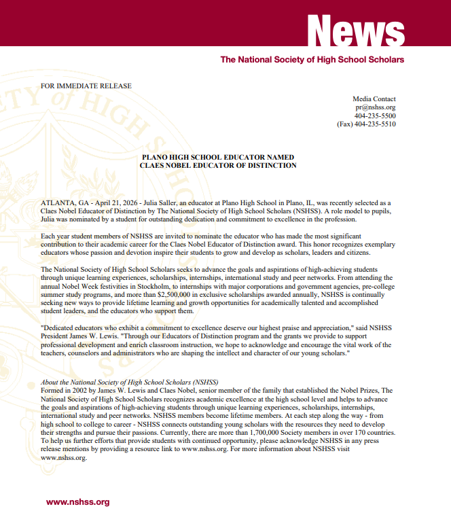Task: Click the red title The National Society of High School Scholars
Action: [x=312, y=60]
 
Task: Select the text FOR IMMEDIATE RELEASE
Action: [x=86, y=86]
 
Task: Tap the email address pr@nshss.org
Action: [x=375, y=107]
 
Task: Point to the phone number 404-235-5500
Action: [x=375, y=116]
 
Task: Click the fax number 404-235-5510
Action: [x=375, y=124]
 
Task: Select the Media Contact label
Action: [x=374, y=99]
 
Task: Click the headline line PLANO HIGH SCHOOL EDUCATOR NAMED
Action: [x=217, y=157]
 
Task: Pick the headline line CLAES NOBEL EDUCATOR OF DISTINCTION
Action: [x=217, y=165]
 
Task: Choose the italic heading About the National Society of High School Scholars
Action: [x=129, y=382]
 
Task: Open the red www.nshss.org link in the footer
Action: [x=77, y=502]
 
